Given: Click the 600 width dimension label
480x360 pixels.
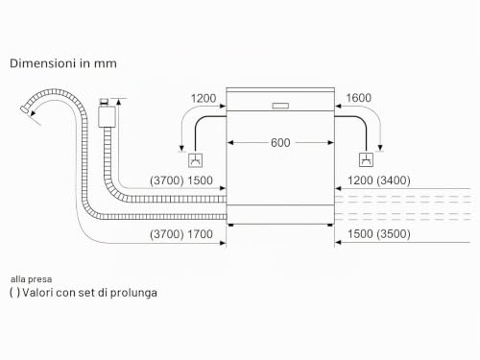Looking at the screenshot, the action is (x=280, y=142).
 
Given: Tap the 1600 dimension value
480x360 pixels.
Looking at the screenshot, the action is (x=358, y=98).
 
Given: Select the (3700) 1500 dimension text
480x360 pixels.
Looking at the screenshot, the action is (x=181, y=180).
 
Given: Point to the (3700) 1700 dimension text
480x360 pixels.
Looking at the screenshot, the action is (x=181, y=234).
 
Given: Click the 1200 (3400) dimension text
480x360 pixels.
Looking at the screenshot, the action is (x=379, y=180).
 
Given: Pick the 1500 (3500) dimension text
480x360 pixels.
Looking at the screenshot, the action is (x=379, y=234).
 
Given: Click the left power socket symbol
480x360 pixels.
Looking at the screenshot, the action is (x=195, y=160).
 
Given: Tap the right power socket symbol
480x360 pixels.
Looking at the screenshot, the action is (x=366, y=159).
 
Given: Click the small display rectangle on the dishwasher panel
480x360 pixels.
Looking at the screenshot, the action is (x=280, y=106).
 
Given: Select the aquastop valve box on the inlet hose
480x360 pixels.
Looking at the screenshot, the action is (x=107, y=116).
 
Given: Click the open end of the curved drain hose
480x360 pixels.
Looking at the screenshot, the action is (x=25, y=109).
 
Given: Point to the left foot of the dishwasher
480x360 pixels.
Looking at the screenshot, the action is (x=231, y=226).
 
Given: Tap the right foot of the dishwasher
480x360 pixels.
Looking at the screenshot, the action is (x=330, y=226).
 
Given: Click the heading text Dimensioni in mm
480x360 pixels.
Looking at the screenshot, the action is (x=63, y=63).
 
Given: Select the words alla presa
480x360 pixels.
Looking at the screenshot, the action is (x=31, y=279).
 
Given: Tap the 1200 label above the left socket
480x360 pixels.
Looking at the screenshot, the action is (x=204, y=98).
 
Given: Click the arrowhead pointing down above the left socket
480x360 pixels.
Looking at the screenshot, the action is (x=181, y=148).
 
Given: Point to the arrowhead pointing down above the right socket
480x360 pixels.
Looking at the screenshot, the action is (x=380, y=148).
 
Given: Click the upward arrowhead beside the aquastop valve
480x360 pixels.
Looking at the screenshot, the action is (x=119, y=102).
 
